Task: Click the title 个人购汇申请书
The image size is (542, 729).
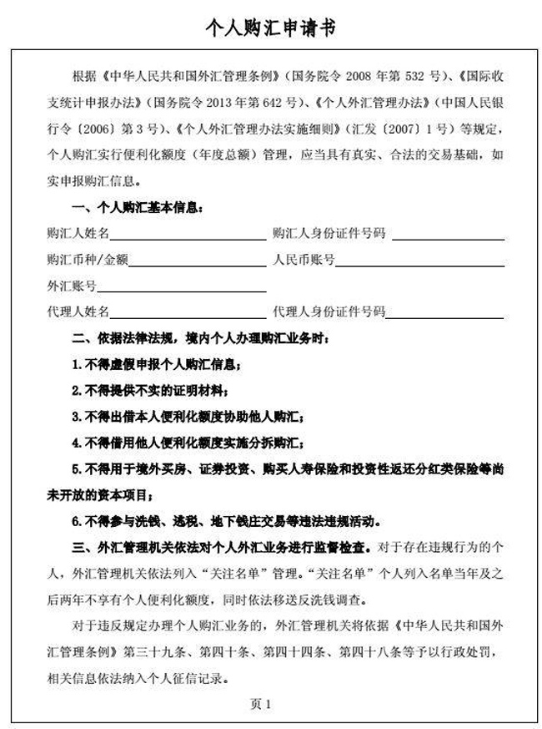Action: click(271, 28)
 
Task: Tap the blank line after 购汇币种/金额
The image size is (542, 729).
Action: click(196, 263)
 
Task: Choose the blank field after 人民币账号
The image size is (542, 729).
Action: click(420, 263)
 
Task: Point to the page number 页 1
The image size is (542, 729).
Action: click(261, 704)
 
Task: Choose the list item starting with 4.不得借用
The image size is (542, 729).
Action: click(187, 442)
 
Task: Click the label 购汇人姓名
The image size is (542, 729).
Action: click(79, 234)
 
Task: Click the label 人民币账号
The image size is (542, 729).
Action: click(304, 261)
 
